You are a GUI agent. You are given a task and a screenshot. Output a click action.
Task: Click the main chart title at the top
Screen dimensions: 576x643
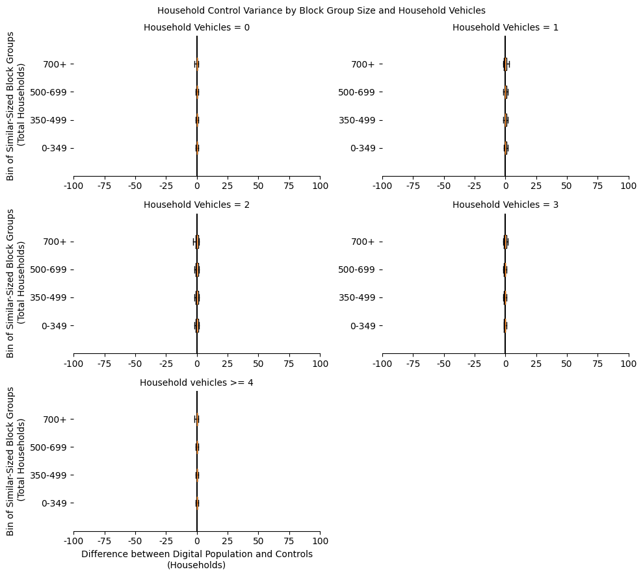tap(321, 10)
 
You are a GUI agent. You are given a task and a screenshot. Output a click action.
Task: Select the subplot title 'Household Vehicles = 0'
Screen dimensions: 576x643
tap(196, 27)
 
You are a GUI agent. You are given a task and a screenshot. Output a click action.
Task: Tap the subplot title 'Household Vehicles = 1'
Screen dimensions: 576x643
tap(505, 27)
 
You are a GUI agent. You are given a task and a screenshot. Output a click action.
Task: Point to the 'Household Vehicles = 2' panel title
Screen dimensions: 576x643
tap(196, 205)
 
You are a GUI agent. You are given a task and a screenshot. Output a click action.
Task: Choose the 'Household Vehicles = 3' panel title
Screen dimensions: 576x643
tap(505, 205)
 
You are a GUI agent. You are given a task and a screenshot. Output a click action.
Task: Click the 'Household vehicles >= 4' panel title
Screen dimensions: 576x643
tap(196, 382)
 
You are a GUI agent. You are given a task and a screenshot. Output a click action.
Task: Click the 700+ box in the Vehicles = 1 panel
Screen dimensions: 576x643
tap(505, 64)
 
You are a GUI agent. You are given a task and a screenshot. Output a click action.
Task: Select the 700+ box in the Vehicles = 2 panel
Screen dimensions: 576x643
tap(197, 242)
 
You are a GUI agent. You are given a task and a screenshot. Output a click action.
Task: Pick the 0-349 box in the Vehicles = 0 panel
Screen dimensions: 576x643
tap(197, 148)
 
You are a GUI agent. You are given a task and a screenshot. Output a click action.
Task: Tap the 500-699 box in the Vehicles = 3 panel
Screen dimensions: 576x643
tap(505, 269)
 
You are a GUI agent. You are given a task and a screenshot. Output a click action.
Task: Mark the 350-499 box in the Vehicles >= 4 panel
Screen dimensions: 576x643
tap(197, 475)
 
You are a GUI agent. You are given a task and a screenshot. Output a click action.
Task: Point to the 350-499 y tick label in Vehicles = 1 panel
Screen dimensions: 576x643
tap(357, 120)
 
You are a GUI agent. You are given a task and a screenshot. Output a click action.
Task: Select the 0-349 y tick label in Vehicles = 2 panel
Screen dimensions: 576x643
tap(54, 326)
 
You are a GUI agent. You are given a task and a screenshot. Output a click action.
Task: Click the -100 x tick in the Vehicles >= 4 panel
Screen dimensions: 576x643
tap(73, 541)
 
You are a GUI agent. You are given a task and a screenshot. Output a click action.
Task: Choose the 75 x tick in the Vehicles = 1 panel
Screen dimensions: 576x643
tap(597, 186)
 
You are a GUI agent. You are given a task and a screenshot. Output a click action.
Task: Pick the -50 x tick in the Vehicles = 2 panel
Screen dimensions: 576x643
tap(135, 364)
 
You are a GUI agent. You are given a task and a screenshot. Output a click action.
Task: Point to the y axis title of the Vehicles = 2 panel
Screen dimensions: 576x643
tap(16, 282)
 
